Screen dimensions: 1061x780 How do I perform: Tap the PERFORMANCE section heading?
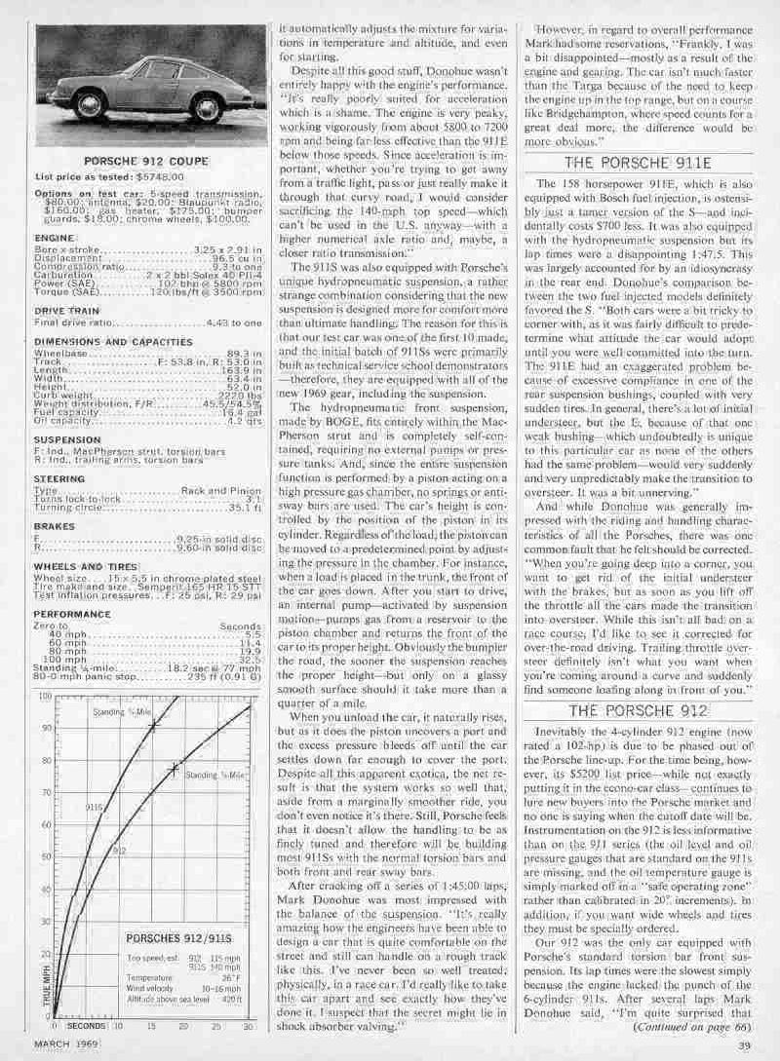tap(71, 615)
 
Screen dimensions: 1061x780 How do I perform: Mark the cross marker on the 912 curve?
tap(173, 768)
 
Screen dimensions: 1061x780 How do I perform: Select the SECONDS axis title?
tap(88, 1026)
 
